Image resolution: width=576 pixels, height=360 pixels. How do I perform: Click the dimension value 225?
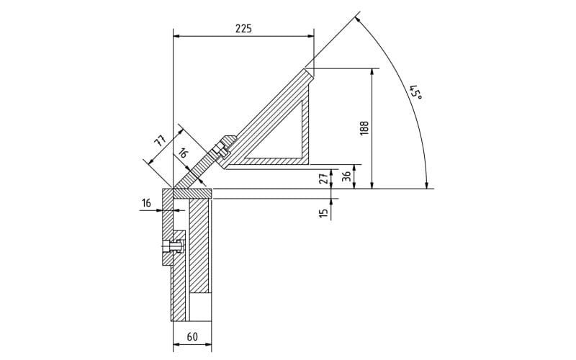pyautogui.click(x=243, y=29)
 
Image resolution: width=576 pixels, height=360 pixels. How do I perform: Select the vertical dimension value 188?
pyautogui.click(x=364, y=128)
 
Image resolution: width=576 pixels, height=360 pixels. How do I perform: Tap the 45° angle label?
pyautogui.click(x=416, y=93)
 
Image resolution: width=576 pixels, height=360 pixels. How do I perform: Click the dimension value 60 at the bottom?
pyautogui.click(x=192, y=336)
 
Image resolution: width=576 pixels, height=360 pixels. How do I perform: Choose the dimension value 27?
pyautogui.click(x=324, y=179)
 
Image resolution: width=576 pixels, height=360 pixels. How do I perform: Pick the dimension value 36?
pyautogui.click(x=346, y=176)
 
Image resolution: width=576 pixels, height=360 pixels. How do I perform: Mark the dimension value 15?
pyautogui.click(x=323, y=213)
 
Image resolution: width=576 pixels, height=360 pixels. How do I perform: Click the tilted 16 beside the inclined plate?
pyautogui.click(x=183, y=153)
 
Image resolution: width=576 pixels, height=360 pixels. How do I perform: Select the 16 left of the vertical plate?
pyautogui.click(x=146, y=203)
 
